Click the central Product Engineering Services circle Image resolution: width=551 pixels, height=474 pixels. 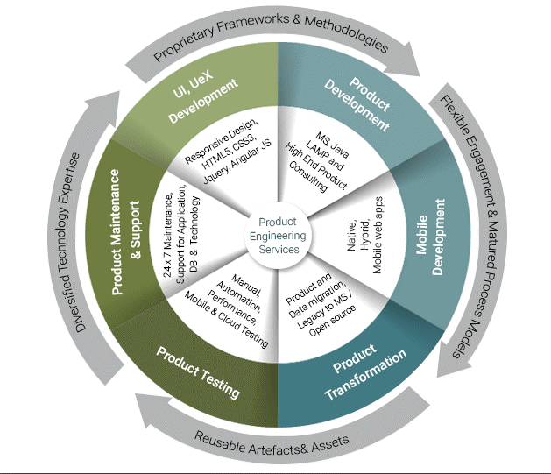276,236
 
